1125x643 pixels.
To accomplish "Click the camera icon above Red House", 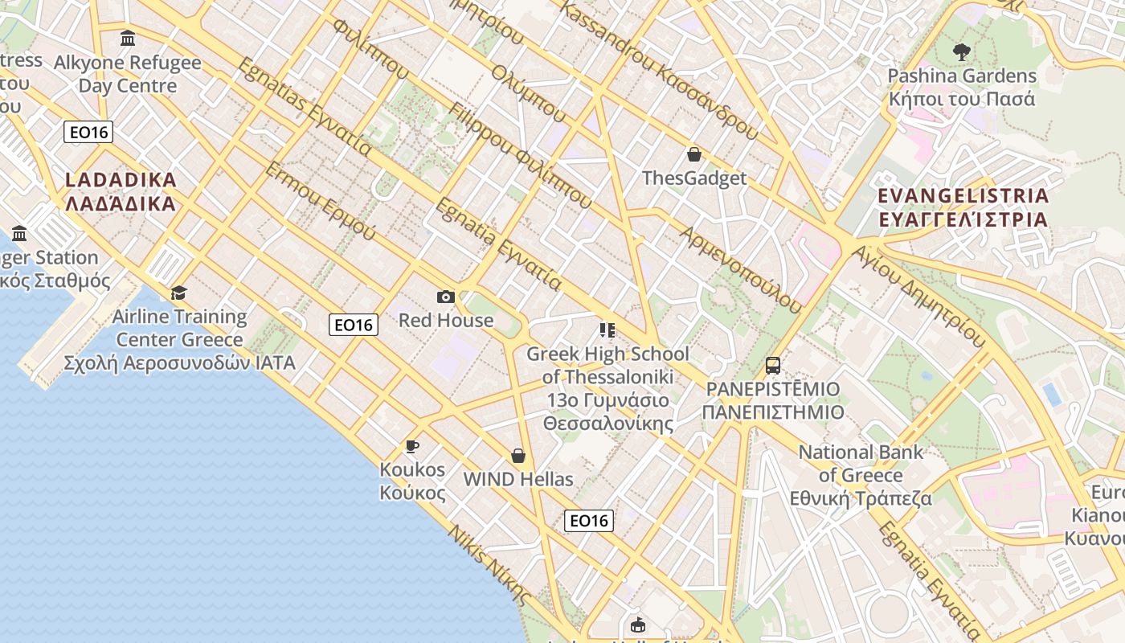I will pos(446,297).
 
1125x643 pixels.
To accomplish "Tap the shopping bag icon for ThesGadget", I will pos(694,154).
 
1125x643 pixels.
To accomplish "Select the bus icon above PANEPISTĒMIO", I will pos(773,366).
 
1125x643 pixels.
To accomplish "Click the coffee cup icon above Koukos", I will pos(412,446).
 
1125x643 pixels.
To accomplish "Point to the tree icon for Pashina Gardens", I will pos(961,53).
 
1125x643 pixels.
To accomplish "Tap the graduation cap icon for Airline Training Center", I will pos(178,293).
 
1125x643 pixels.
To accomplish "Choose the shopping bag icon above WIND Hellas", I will pos(518,456).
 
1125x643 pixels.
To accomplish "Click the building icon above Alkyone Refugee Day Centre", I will pos(127,38).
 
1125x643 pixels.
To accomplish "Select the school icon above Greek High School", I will pos(607,330).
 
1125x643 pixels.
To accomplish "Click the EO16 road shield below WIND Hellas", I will pos(588,521).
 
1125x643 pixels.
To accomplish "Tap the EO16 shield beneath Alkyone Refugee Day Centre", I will pos(88,132).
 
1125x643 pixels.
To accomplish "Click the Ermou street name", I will pos(320,201).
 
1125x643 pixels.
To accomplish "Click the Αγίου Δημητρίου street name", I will pos(919,296).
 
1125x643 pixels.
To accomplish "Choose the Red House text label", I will pos(446,321).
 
